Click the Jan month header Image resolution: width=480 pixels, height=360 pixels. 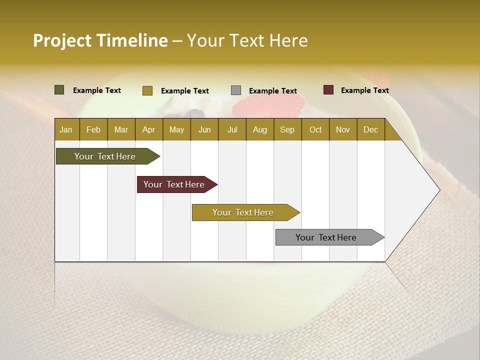pyautogui.click(x=66, y=129)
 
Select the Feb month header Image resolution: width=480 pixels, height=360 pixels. pyautogui.click(x=93, y=129)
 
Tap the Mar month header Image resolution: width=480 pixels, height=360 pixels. pyautogui.click(x=121, y=129)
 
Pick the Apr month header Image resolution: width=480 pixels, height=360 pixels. pyautogui.click(x=149, y=129)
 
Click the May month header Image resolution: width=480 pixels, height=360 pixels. pyautogui.click(x=176, y=129)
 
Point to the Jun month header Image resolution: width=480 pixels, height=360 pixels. pyautogui.click(x=204, y=129)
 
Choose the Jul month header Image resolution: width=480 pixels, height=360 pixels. pyautogui.click(x=232, y=129)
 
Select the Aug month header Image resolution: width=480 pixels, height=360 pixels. pyautogui.click(x=260, y=129)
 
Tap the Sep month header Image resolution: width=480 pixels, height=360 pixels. pyautogui.click(x=287, y=129)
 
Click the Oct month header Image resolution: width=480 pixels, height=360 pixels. pyautogui.click(x=315, y=129)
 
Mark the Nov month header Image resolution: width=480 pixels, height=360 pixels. pyautogui.click(x=343, y=129)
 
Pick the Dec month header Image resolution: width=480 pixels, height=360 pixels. pyautogui.click(x=371, y=129)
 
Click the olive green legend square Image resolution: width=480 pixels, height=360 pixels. pyautogui.click(x=59, y=90)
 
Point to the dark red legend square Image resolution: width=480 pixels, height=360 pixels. pyautogui.click(x=328, y=90)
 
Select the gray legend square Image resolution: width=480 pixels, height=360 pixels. pyautogui.click(x=236, y=90)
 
